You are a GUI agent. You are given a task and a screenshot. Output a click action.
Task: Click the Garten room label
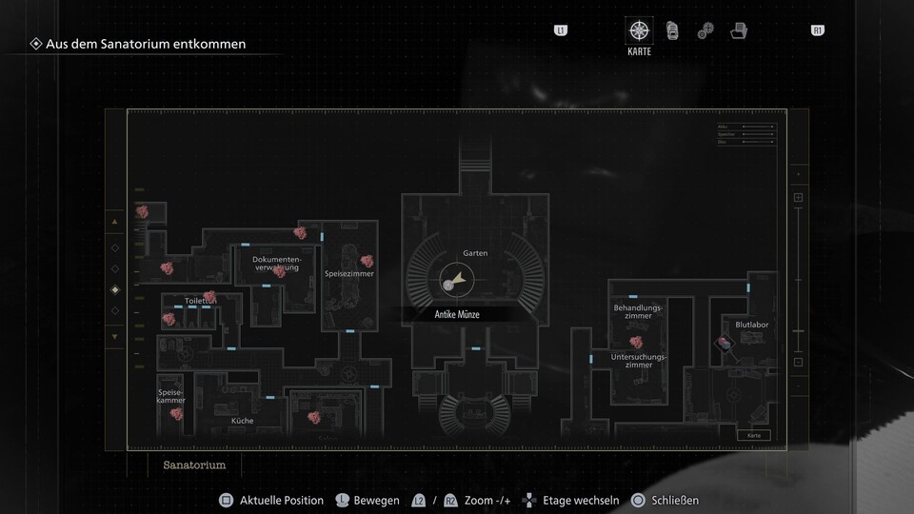(475, 253)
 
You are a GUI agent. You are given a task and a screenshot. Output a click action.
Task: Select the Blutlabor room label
(751, 325)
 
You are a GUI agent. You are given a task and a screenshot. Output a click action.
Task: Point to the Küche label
(242, 420)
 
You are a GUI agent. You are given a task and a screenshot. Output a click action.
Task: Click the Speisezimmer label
(348, 274)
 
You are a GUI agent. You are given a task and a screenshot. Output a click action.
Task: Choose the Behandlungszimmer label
(638, 311)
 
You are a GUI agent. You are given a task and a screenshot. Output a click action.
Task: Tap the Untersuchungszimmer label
(638, 360)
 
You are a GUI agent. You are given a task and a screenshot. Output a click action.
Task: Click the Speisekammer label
(171, 395)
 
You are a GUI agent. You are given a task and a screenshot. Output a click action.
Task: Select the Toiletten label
(200, 301)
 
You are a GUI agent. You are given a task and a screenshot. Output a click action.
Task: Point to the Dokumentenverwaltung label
(276, 263)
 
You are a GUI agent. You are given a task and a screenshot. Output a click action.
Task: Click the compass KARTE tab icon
(639, 31)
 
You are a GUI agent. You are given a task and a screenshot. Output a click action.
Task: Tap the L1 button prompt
(560, 30)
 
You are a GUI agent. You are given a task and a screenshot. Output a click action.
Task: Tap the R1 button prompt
(817, 30)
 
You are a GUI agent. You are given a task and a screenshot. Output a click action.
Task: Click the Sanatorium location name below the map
(194, 465)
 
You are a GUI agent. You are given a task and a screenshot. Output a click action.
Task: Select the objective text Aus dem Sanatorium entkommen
(146, 44)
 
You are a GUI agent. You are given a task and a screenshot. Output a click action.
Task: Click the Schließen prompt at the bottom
(675, 500)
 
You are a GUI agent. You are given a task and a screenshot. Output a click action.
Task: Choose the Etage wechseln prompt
(581, 500)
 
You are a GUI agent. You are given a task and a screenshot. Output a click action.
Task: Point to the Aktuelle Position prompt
(281, 500)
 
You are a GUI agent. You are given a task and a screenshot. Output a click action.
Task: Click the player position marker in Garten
(449, 284)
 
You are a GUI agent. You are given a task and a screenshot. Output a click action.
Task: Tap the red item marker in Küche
(311, 416)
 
